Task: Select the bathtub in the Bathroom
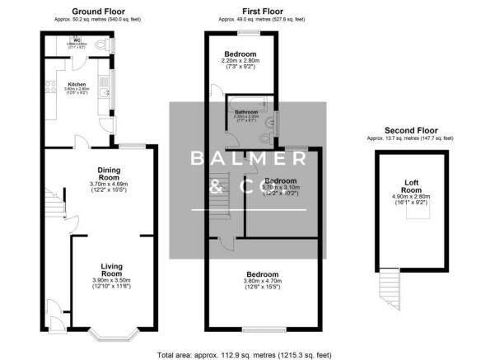[x=248, y=101]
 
